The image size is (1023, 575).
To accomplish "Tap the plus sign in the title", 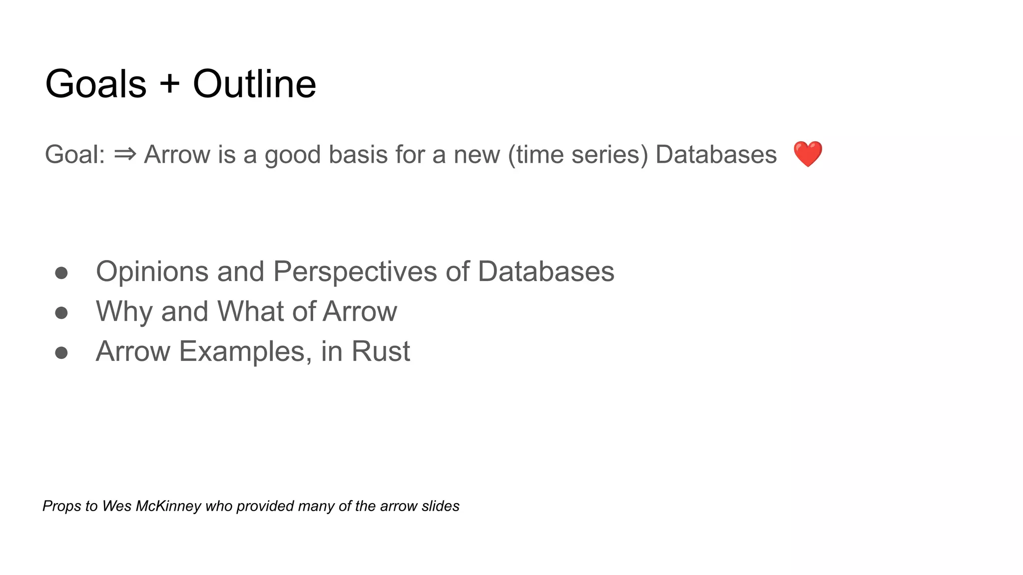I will point(170,83).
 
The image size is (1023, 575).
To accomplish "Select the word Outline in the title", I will point(254,84).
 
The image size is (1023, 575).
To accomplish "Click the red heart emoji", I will point(807,154).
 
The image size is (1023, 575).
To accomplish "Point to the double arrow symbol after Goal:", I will point(125,154).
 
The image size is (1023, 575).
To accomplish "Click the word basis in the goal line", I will point(358,154).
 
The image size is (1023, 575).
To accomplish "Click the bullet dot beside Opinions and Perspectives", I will point(61,273).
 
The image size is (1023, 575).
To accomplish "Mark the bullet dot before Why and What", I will point(61,313).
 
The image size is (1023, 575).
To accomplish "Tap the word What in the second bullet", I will point(251,311).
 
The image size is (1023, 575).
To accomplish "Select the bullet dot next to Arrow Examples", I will point(61,353).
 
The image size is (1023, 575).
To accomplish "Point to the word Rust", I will point(381,351).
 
